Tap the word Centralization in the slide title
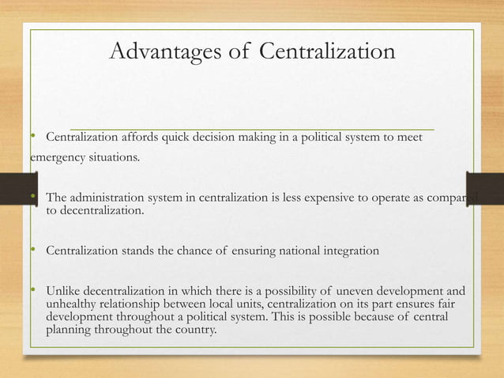327,52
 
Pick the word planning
70,331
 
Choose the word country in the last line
195,331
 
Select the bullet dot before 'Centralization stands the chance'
35,251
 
